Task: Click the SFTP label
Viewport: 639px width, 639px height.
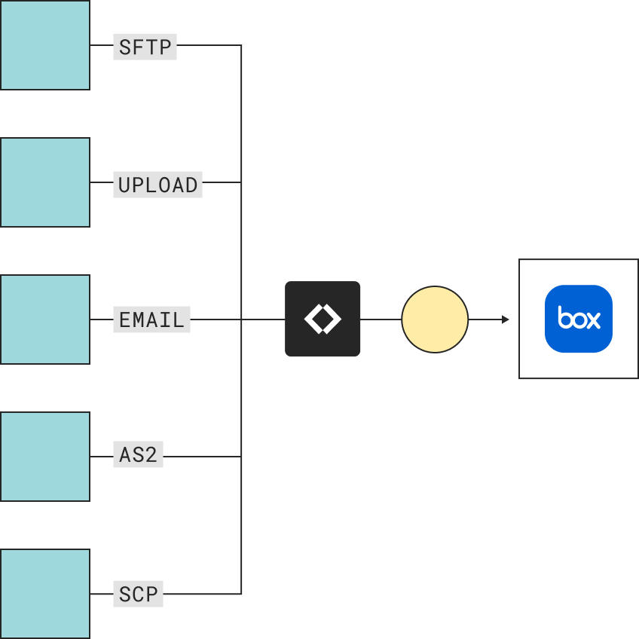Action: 145,47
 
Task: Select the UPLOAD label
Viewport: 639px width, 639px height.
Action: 157,184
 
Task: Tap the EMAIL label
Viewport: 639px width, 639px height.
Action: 151,319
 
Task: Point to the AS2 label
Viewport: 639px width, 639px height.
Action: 138,454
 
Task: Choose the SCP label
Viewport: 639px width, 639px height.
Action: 138,594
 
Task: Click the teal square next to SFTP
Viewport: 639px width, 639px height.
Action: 45,45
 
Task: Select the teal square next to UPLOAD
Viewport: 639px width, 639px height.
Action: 45,182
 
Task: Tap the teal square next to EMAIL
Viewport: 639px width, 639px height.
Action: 45,319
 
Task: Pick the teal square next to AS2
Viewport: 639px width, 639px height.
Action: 45,457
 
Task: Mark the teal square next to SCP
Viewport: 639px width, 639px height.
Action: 45,594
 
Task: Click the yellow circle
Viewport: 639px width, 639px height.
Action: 435,319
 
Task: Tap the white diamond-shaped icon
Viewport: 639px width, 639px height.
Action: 323,319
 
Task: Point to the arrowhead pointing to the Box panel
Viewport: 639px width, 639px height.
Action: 506,319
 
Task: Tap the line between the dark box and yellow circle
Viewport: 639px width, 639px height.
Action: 381,319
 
